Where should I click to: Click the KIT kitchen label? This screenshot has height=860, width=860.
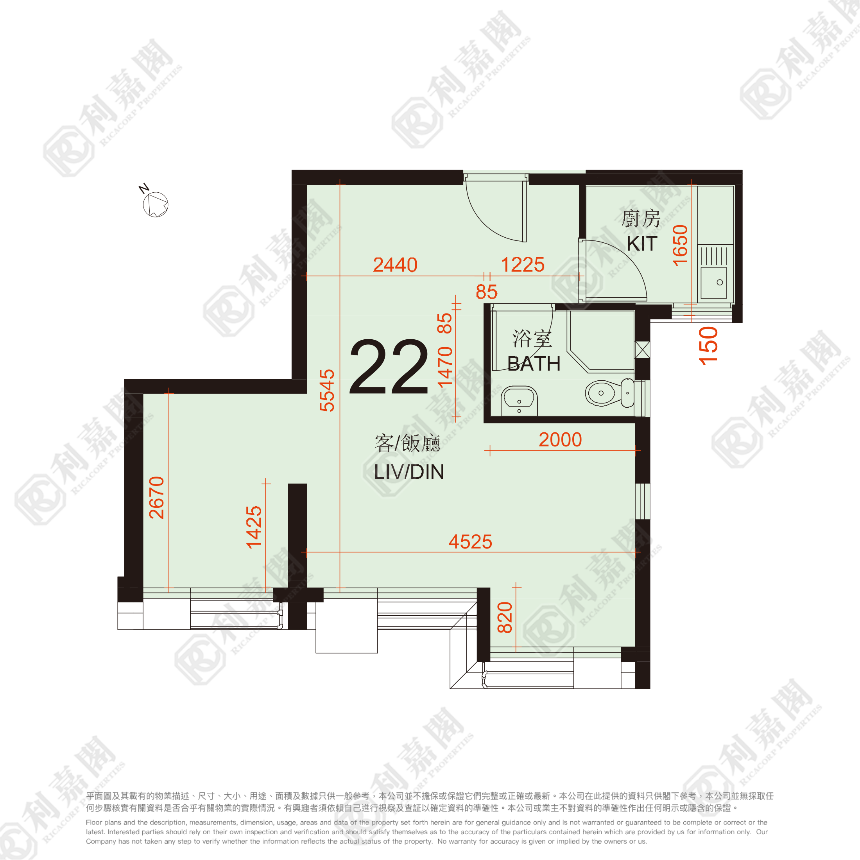point(642,244)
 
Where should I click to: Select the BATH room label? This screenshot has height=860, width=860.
point(534,364)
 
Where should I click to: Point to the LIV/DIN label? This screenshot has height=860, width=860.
point(408,472)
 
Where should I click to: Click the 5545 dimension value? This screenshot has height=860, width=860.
point(327,390)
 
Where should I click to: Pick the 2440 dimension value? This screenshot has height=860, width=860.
point(395,265)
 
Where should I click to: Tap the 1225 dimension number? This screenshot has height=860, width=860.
point(523,265)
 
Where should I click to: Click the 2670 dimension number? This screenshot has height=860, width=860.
point(157,498)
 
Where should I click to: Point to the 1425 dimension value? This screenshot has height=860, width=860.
point(254,527)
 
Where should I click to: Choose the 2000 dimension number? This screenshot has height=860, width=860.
point(560,440)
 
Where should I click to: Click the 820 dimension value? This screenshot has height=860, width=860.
point(505,617)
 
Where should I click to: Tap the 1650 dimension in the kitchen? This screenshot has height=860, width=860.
point(680,245)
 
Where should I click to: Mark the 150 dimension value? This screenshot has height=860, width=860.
point(709,346)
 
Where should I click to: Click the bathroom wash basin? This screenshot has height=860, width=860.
point(519,401)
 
